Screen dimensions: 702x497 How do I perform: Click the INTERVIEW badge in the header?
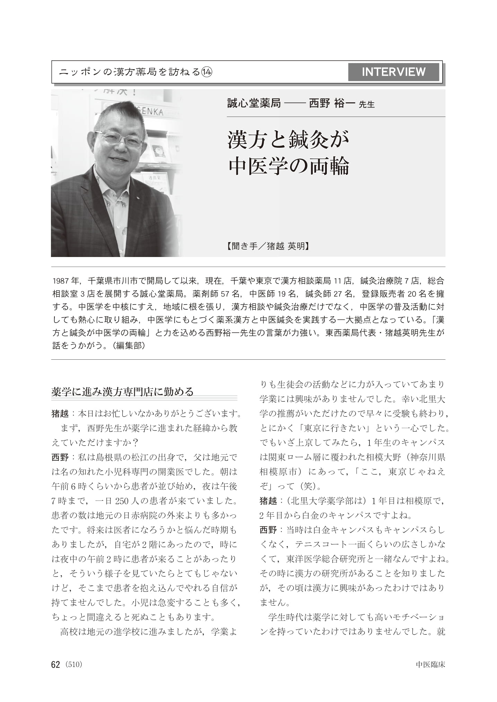393,72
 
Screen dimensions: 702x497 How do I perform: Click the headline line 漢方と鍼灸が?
288,140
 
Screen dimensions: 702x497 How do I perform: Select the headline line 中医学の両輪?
289,166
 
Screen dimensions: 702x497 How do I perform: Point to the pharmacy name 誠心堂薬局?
254,103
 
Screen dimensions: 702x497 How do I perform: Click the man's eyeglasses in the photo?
120,139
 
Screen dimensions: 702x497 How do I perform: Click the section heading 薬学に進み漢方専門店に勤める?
122,392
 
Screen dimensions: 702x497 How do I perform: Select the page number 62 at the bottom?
55,665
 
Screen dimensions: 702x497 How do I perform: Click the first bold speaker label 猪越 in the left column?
60,413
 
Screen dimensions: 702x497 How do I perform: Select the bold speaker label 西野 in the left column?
60,457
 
